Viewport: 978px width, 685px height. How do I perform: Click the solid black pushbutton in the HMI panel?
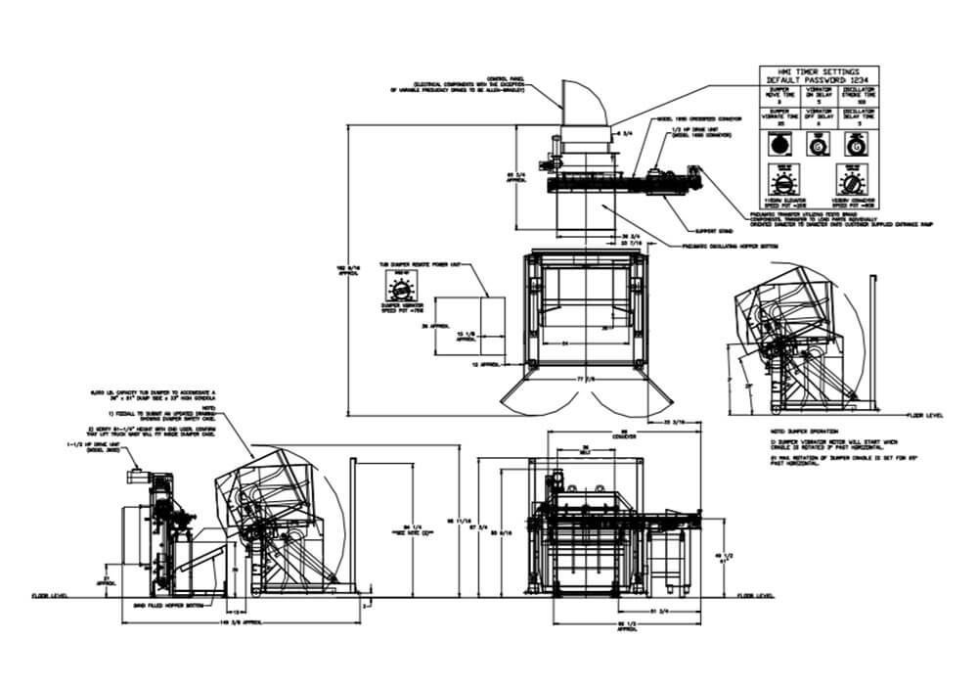pyautogui.click(x=778, y=144)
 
